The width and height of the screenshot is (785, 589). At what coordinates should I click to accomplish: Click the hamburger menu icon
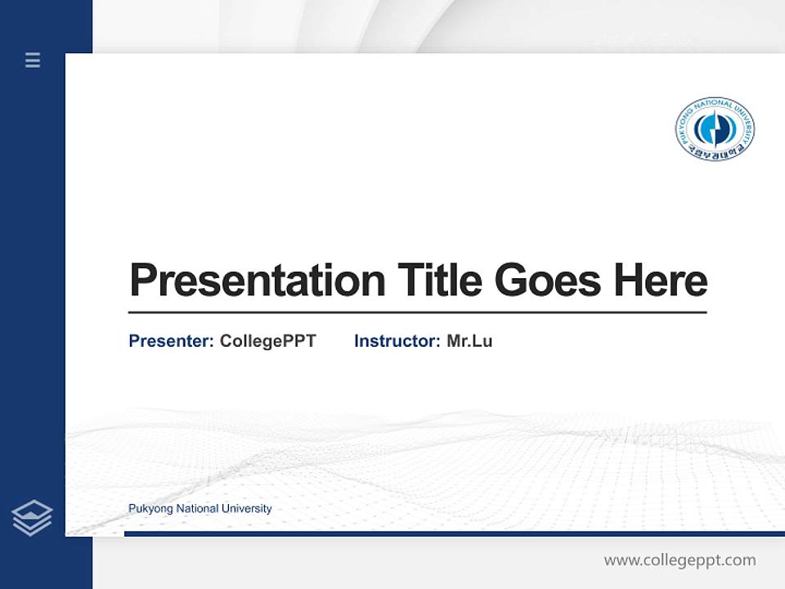[x=33, y=60]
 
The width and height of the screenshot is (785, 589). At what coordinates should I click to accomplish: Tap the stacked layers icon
[x=32, y=518]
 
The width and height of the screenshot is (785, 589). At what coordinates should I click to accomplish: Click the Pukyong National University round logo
[x=715, y=129]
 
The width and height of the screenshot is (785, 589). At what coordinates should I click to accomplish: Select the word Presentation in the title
[x=257, y=281]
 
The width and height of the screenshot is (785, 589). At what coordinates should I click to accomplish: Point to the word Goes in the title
[x=548, y=281]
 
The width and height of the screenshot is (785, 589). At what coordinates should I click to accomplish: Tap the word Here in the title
[x=660, y=281]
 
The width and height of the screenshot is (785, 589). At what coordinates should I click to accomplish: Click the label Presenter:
[x=171, y=341]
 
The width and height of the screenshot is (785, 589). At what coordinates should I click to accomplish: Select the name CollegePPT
[x=267, y=341]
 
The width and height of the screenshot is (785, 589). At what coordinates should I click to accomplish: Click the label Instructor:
[x=397, y=341]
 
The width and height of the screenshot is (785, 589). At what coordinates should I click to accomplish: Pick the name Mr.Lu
[x=469, y=341]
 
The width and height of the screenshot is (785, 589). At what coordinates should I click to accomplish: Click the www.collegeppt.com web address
[x=680, y=560]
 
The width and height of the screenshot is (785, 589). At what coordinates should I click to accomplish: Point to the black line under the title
[x=417, y=312]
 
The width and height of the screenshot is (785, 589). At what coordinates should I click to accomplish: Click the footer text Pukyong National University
[x=200, y=509]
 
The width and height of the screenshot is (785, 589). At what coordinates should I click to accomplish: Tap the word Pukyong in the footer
[x=149, y=509]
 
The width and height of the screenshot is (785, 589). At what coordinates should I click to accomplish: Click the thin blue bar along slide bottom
[x=454, y=533]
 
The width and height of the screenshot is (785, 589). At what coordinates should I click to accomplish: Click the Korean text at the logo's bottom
[x=715, y=153]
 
